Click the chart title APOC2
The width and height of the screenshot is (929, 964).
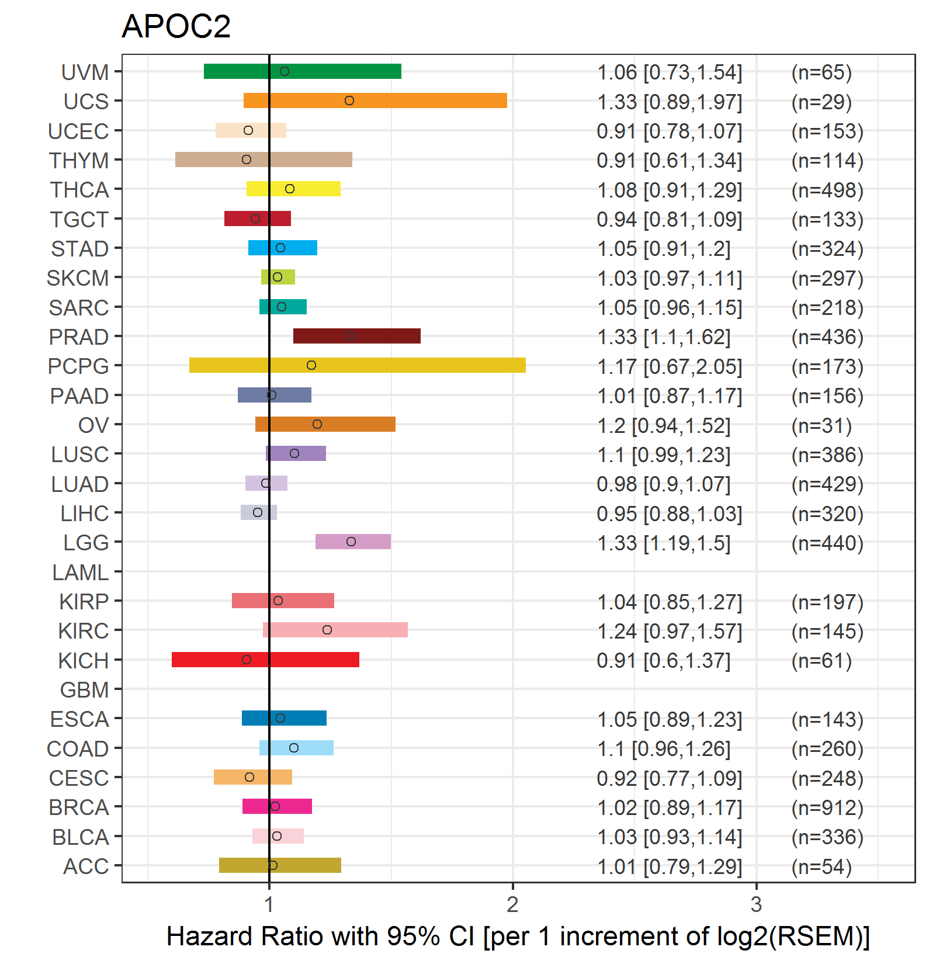coord(176,26)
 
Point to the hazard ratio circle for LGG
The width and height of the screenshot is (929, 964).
coord(351,542)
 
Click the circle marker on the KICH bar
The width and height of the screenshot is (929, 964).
coord(247,660)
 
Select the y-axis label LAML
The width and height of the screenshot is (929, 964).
coord(81,573)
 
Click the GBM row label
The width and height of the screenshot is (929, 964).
coord(84,690)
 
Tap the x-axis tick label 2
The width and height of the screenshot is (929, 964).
coord(512,905)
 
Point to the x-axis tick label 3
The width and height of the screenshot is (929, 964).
coord(756,905)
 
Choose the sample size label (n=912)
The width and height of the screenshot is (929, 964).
coord(827,807)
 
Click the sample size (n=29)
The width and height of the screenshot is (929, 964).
coord(821,102)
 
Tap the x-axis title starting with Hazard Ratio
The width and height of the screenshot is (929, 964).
coord(518,936)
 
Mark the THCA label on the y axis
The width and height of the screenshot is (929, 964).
coord(79,190)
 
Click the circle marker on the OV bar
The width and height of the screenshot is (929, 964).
coord(317,424)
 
